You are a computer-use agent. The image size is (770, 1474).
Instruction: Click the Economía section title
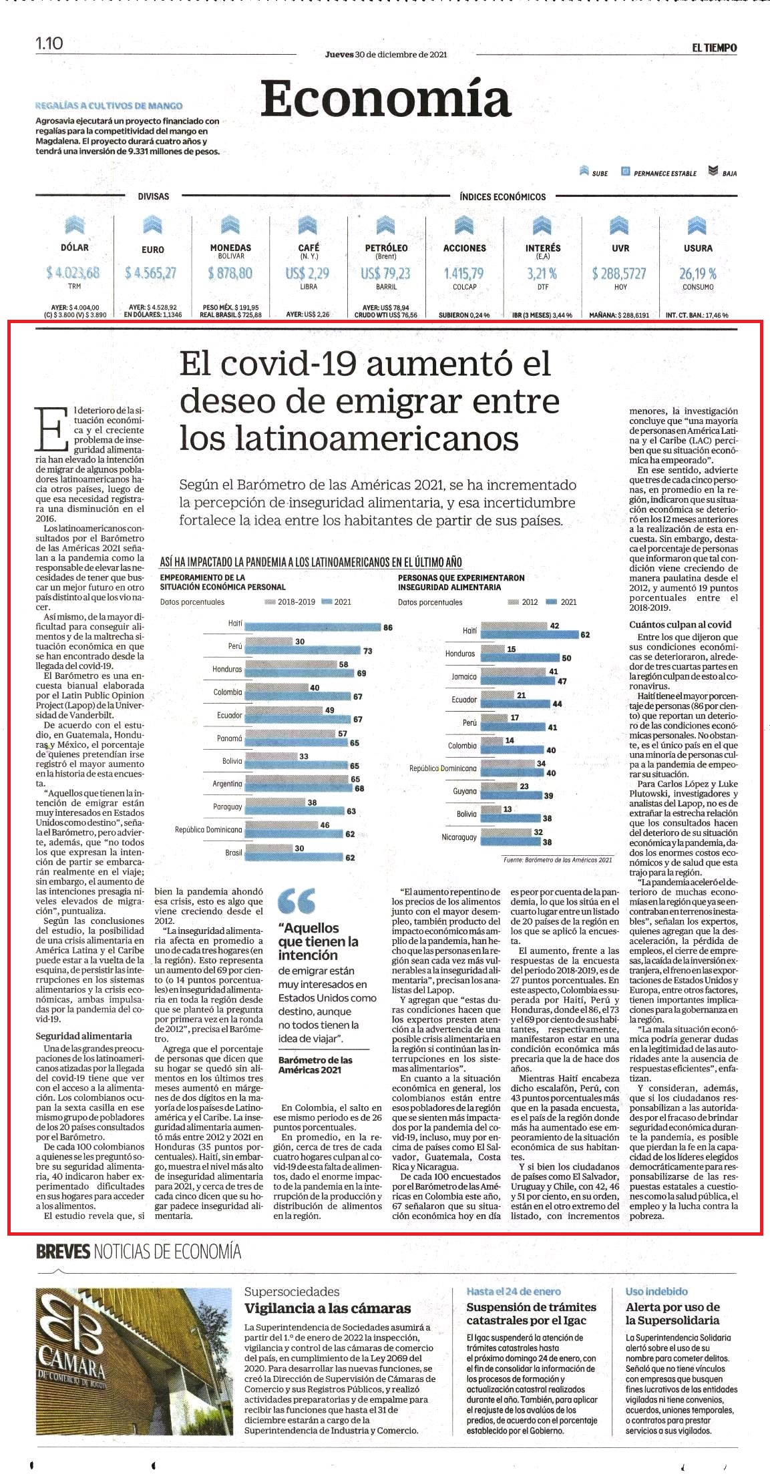pyautogui.click(x=385, y=99)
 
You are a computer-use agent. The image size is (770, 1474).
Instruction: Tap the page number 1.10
pyautogui.click(x=49, y=43)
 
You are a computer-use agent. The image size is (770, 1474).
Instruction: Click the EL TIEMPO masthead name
pyautogui.click(x=714, y=48)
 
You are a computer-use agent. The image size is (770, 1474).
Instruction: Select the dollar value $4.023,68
pyautogui.click(x=73, y=272)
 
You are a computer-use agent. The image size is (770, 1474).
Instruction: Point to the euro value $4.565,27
pyautogui.click(x=151, y=272)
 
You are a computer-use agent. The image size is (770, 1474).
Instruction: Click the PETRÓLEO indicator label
pyautogui.click(x=386, y=248)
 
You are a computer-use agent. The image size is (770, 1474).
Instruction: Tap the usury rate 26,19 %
pyautogui.click(x=698, y=273)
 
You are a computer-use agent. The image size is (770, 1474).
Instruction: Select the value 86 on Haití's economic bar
pyautogui.click(x=387, y=627)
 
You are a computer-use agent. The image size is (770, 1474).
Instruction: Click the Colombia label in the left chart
pyautogui.click(x=228, y=692)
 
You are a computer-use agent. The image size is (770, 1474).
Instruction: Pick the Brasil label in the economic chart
pyautogui.click(x=234, y=852)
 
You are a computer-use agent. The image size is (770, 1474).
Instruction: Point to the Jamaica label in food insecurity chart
pyautogui.click(x=464, y=676)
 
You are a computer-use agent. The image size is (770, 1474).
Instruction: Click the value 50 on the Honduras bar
pyautogui.click(x=566, y=658)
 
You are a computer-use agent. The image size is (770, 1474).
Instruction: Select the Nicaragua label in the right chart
pyautogui.click(x=459, y=836)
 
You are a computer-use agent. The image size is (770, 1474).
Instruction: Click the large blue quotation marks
pyautogui.click(x=296, y=902)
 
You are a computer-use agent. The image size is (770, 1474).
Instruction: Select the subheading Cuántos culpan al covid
pyautogui.click(x=680, y=624)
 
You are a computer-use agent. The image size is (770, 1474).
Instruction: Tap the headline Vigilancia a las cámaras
pyautogui.click(x=327, y=1308)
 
